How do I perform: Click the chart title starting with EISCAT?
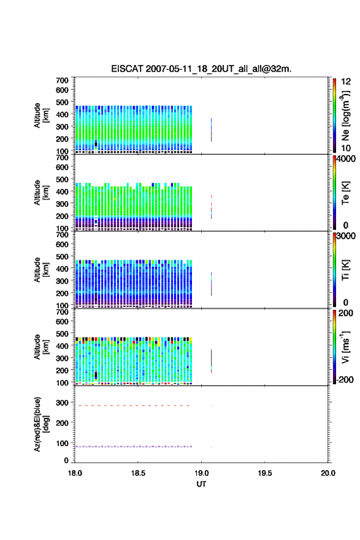(x=201, y=69)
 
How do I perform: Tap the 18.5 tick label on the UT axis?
(x=137, y=473)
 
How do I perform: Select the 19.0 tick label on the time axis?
(x=201, y=473)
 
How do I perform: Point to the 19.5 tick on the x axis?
(x=265, y=473)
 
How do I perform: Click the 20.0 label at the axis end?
(x=328, y=473)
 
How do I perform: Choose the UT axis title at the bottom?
(x=201, y=484)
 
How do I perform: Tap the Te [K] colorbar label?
(x=345, y=193)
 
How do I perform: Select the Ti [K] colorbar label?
(x=345, y=270)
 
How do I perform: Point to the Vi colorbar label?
(x=345, y=347)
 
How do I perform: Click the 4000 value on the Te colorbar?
(x=346, y=159)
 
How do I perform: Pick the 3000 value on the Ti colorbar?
(x=346, y=236)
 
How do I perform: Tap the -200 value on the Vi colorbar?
(x=345, y=379)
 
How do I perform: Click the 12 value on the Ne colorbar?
(x=346, y=82)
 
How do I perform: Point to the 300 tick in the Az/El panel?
(x=63, y=403)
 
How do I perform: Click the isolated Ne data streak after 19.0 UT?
(x=212, y=129)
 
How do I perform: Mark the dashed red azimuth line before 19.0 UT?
(x=134, y=406)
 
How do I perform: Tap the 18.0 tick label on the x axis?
(x=75, y=473)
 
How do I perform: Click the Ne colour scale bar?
(x=334, y=115)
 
